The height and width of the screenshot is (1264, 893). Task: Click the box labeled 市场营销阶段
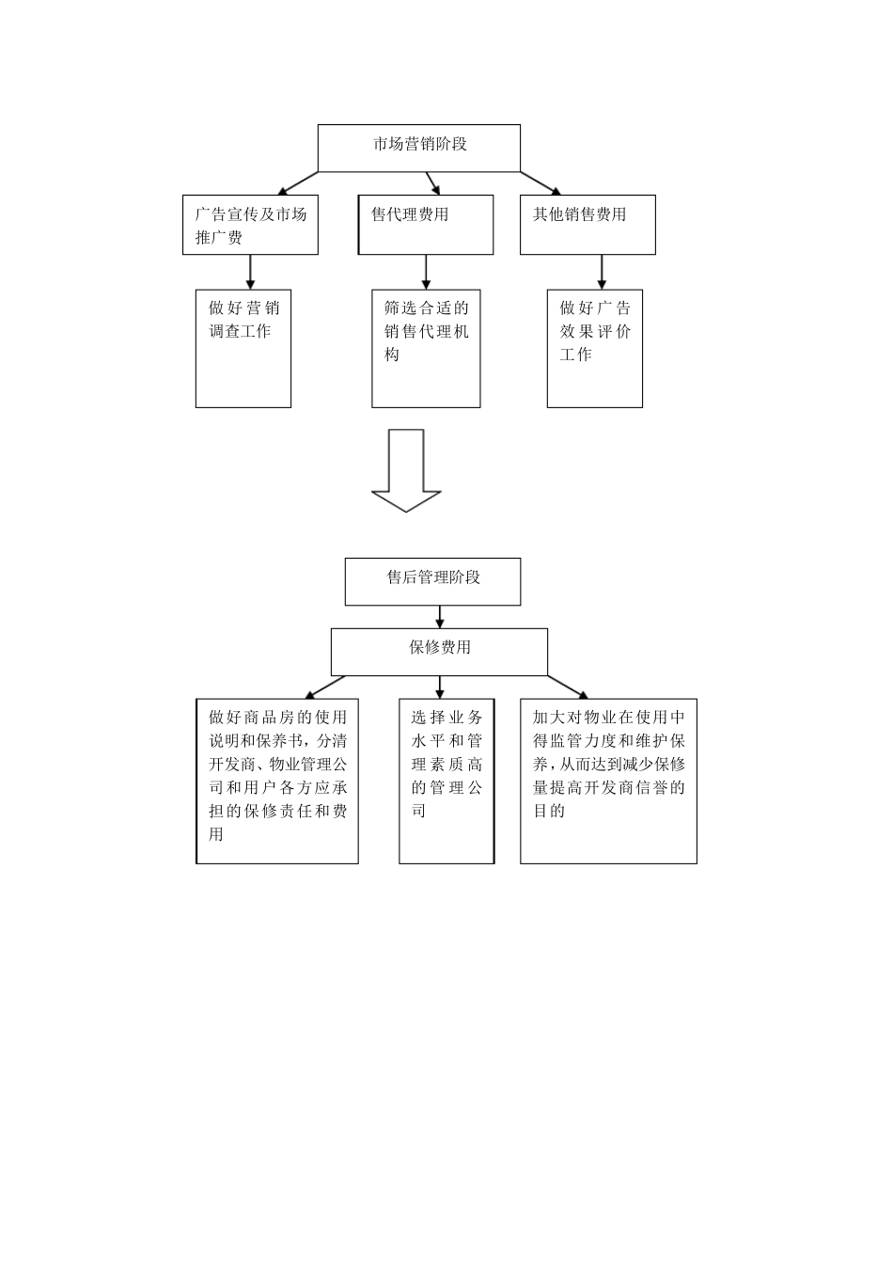[419, 149]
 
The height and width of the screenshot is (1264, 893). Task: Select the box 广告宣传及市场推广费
[250, 225]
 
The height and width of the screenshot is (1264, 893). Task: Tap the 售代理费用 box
[426, 225]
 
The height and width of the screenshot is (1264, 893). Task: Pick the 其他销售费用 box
[587, 225]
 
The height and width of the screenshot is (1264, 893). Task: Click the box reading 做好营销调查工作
[243, 349]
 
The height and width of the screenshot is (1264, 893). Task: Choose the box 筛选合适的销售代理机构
[426, 349]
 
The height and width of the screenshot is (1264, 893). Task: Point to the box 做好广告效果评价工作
[595, 349]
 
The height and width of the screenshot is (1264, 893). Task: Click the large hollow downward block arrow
[406, 469]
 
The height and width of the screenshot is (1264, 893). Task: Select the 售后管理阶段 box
[432, 581]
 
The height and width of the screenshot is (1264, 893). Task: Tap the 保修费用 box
[439, 652]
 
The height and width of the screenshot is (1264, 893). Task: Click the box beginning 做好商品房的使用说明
[277, 781]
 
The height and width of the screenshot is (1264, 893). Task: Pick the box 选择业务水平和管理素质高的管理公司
[446, 781]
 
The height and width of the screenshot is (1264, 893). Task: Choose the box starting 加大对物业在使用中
[608, 781]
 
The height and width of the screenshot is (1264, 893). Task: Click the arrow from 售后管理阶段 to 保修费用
[439, 617]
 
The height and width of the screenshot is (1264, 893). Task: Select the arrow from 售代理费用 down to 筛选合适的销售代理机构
[426, 272]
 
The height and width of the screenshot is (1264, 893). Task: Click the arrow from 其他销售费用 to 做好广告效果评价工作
[602, 272]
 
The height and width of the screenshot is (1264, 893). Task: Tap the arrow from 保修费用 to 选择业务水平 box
[440, 687]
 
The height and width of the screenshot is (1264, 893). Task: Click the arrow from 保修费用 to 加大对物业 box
[568, 687]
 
